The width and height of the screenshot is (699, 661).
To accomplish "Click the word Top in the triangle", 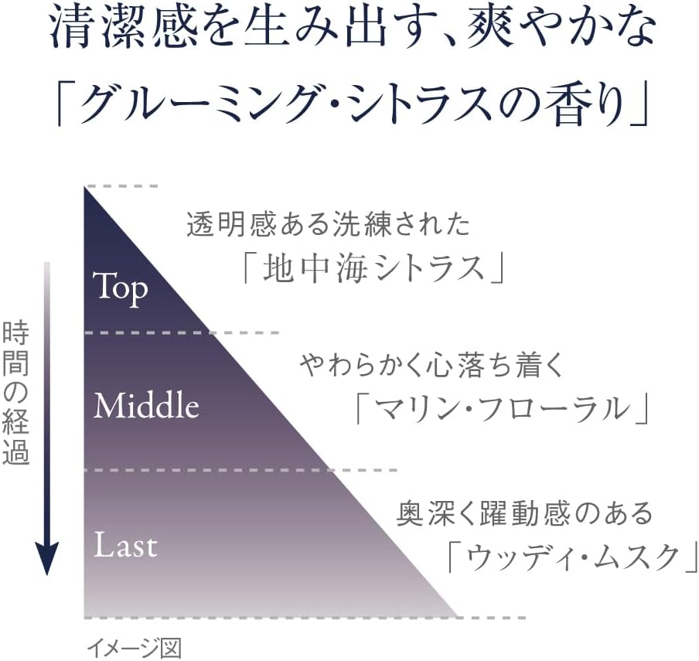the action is (x=120, y=288).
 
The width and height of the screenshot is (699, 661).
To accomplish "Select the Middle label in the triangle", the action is (x=146, y=405).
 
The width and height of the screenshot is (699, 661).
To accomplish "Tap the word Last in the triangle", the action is (x=125, y=545).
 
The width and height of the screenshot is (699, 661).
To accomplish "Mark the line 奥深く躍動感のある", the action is (x=525, y=513).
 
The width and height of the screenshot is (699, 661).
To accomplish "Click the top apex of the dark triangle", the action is (x=85, y=190).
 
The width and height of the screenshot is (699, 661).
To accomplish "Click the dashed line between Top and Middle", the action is (x=181, y=332).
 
